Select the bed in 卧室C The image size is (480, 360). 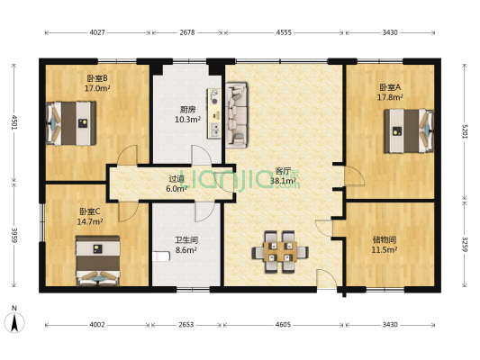[x=97, y=260]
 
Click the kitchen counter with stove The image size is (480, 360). [x=215, y=112]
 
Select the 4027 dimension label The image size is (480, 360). [x=97, y=33]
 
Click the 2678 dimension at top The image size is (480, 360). [x=187, y=33]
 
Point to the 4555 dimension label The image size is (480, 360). [x=283, y=33]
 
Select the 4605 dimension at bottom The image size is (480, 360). [x=283, y=324]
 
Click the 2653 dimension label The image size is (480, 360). [x=187, y=324]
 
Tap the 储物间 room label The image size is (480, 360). [x=385, y=239]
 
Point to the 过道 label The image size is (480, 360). [x=177, y=178]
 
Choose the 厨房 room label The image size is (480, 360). [x=187, y=111]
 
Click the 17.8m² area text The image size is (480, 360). [x=390, y=97]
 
